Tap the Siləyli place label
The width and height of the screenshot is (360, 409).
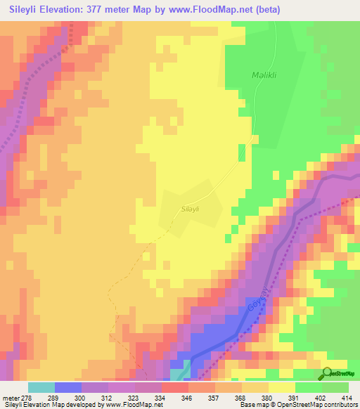(x=191, y=209)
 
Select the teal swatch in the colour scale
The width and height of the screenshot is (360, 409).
(x=41, y=387)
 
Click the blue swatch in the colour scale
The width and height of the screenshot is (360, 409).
(x=68, y=387)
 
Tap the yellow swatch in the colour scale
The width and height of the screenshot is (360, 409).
(x=282, y=387)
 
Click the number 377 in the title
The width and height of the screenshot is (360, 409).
(x=118, y=9)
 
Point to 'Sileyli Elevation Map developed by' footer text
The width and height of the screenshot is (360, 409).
(x=49, y=405)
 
